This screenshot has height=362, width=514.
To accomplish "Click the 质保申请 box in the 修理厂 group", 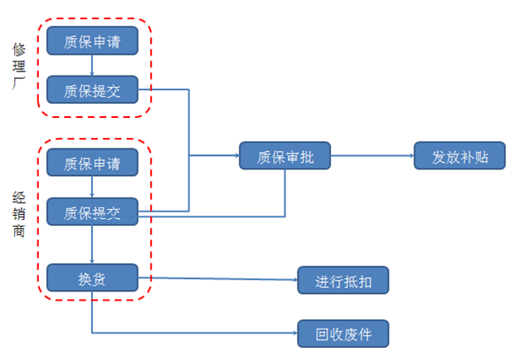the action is (x=92, y=41).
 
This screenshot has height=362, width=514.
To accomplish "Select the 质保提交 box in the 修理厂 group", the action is (x=92, y=90).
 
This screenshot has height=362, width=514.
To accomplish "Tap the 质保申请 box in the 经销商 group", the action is (x=92, y=163).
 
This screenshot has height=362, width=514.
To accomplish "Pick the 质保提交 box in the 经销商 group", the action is (x=92, y=212).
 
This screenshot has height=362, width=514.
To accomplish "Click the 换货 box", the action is (x=92, y=277).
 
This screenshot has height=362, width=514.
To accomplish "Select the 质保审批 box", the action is (x=285, y=155).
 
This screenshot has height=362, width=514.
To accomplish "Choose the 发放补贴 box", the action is (x=459, y=155).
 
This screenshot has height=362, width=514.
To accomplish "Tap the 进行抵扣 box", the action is (x=343, y=280).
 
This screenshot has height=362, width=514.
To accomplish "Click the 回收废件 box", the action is (x=343, y=334).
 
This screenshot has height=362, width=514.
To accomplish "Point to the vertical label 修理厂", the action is (x=19, y=66).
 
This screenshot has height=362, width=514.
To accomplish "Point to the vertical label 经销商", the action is (x=19, y=214).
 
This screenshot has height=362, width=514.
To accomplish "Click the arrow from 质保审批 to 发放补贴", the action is (x=372, y=155).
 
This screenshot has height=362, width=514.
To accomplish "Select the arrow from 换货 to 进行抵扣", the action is (x=218, y=279).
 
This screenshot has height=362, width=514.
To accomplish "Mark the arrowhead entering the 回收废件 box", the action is (x=295, y=333).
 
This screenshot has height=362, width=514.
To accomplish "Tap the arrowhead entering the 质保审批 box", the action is (x=237, y=155).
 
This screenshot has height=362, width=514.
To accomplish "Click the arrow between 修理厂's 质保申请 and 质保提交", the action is (x=92, y=66).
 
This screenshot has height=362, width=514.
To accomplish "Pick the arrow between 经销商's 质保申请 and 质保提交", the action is (x=92, y=187).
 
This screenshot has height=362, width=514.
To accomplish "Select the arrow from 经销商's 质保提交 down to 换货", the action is (x=92, y=244).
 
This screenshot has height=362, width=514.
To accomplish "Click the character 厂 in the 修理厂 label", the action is (x=19, y=83).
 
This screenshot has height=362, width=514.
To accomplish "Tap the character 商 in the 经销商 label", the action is (x=19, y=231).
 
